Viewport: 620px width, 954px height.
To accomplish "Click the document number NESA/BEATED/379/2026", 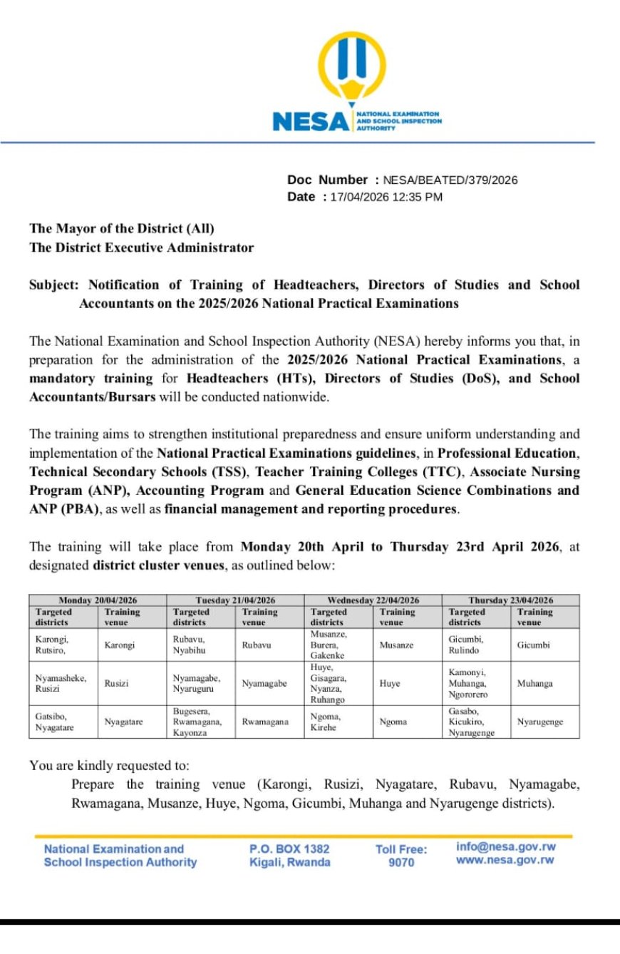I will click(450, 180).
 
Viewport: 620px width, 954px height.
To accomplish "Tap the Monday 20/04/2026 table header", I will click(98, 600).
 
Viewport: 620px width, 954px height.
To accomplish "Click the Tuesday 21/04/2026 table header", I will click(235, 600).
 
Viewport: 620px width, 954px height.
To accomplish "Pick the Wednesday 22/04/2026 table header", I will click(373, 600).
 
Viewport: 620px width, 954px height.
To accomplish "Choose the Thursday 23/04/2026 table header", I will click(510, 600).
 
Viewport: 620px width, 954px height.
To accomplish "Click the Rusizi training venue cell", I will click(117, 684).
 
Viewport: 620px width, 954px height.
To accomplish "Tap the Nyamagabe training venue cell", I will click(264, 684).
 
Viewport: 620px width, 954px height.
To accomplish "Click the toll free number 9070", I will click(401, 863).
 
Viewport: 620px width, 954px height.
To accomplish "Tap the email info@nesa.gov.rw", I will click(506, 847).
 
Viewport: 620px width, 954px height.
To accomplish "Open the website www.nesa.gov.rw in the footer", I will click(505, 861).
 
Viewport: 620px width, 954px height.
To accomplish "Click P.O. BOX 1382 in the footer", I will click(289, 849).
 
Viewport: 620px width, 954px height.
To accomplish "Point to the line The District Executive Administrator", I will click(141, 248).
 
